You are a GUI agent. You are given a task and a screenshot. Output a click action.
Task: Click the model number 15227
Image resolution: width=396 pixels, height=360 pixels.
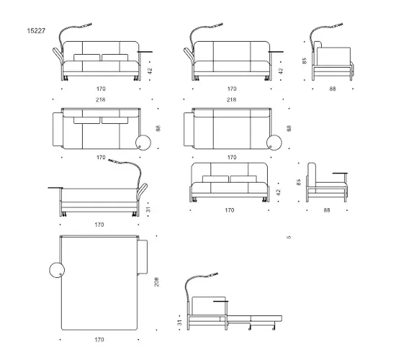pos(36,31)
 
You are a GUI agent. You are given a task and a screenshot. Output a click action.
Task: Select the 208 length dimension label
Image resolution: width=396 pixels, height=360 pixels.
pos(156,282)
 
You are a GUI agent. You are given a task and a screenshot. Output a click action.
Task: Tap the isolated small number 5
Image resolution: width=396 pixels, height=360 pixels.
pos(289,237)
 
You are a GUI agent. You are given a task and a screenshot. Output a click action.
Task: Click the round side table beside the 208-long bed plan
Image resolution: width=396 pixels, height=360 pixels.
pos(57,270)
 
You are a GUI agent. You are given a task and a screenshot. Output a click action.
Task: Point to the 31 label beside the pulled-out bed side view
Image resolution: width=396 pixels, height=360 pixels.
pos(179,323)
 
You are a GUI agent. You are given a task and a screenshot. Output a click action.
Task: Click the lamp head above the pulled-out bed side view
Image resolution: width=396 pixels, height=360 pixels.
pos(212,274)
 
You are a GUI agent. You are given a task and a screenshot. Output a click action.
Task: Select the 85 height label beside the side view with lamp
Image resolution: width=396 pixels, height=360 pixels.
pos(305,61)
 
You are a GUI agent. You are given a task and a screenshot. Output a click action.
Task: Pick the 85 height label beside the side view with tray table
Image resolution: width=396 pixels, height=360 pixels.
pos(299,182)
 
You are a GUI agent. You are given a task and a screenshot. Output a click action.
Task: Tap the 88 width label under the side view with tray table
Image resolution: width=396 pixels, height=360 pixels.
pos(327,210)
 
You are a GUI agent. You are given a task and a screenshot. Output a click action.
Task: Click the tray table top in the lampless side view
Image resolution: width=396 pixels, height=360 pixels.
pos(340,174)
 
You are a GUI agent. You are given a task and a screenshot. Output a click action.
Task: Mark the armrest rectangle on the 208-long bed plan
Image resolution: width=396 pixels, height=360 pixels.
pos(143,257)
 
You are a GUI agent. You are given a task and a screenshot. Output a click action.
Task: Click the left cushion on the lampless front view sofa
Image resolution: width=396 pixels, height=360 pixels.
pos(215,179)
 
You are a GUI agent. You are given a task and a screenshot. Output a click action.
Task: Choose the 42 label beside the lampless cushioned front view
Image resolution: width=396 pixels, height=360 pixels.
pos(278,192)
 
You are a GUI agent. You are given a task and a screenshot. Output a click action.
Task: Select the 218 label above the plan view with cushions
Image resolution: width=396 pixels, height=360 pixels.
pos(101,100)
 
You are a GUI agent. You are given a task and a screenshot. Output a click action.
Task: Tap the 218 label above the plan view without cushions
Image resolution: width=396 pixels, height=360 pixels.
pos(232,100)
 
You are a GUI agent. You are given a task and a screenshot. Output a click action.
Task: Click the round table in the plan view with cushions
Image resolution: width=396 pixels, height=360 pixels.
pos(143,143)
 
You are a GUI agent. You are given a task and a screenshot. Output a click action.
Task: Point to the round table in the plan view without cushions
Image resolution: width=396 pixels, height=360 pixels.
pos(274,143)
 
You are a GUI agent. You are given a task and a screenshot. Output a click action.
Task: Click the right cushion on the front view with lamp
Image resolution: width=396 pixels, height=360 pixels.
pos(115,58)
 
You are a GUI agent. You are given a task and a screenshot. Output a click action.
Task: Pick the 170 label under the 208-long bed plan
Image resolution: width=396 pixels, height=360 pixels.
pos(99,340)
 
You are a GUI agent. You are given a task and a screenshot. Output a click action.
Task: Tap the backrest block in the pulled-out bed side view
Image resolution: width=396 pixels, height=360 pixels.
pos(209,306)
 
